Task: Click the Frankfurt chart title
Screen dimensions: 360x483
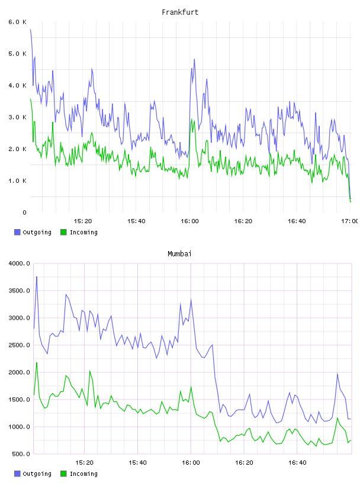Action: point(180,12)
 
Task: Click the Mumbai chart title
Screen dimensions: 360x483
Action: point(179,254)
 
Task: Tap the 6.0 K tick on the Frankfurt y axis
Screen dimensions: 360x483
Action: point(17,22)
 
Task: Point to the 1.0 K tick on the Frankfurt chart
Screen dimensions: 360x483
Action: point(17,181)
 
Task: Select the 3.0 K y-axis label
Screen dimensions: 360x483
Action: point(17,117)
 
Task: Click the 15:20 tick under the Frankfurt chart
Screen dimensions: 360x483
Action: point(83,221)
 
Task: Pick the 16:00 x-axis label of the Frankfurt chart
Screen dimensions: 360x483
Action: point(189,221)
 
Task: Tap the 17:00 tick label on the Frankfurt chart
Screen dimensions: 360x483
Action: point(349,221)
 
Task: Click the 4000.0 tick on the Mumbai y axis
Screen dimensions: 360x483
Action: point(19,263)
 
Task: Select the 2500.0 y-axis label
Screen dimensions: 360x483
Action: point(19,345)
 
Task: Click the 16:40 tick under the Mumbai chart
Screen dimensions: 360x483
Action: point(297,462)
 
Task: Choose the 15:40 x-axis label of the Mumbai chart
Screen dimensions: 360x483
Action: point(137,462)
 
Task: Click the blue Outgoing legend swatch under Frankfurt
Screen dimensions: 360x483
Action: point(17,232)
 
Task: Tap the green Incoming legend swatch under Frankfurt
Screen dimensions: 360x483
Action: point(63,232)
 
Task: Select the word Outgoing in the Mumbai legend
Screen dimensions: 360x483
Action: point(37,474)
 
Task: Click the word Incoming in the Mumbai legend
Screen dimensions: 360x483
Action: point(83,474)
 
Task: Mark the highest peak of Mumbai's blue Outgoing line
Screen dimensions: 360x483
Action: point(37,276)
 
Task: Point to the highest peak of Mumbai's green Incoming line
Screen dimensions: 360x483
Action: point(37,363)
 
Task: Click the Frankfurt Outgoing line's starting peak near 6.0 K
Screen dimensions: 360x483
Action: point(31,30)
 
